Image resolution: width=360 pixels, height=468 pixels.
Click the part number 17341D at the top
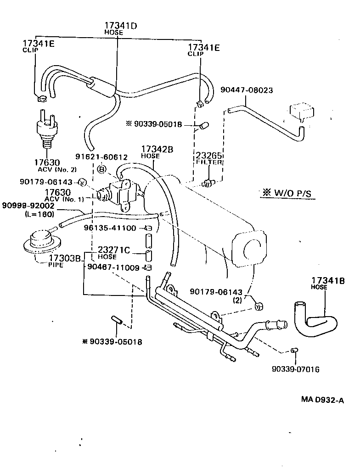(120, 26)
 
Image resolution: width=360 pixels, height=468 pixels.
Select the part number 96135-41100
(110, 228)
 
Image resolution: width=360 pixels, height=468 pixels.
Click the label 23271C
(114, 250)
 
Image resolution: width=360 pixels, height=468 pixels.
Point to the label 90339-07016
(295, 369)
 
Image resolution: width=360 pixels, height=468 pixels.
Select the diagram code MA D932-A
(322, 400)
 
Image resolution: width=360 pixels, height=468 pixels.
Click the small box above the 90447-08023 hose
(301, 111)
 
